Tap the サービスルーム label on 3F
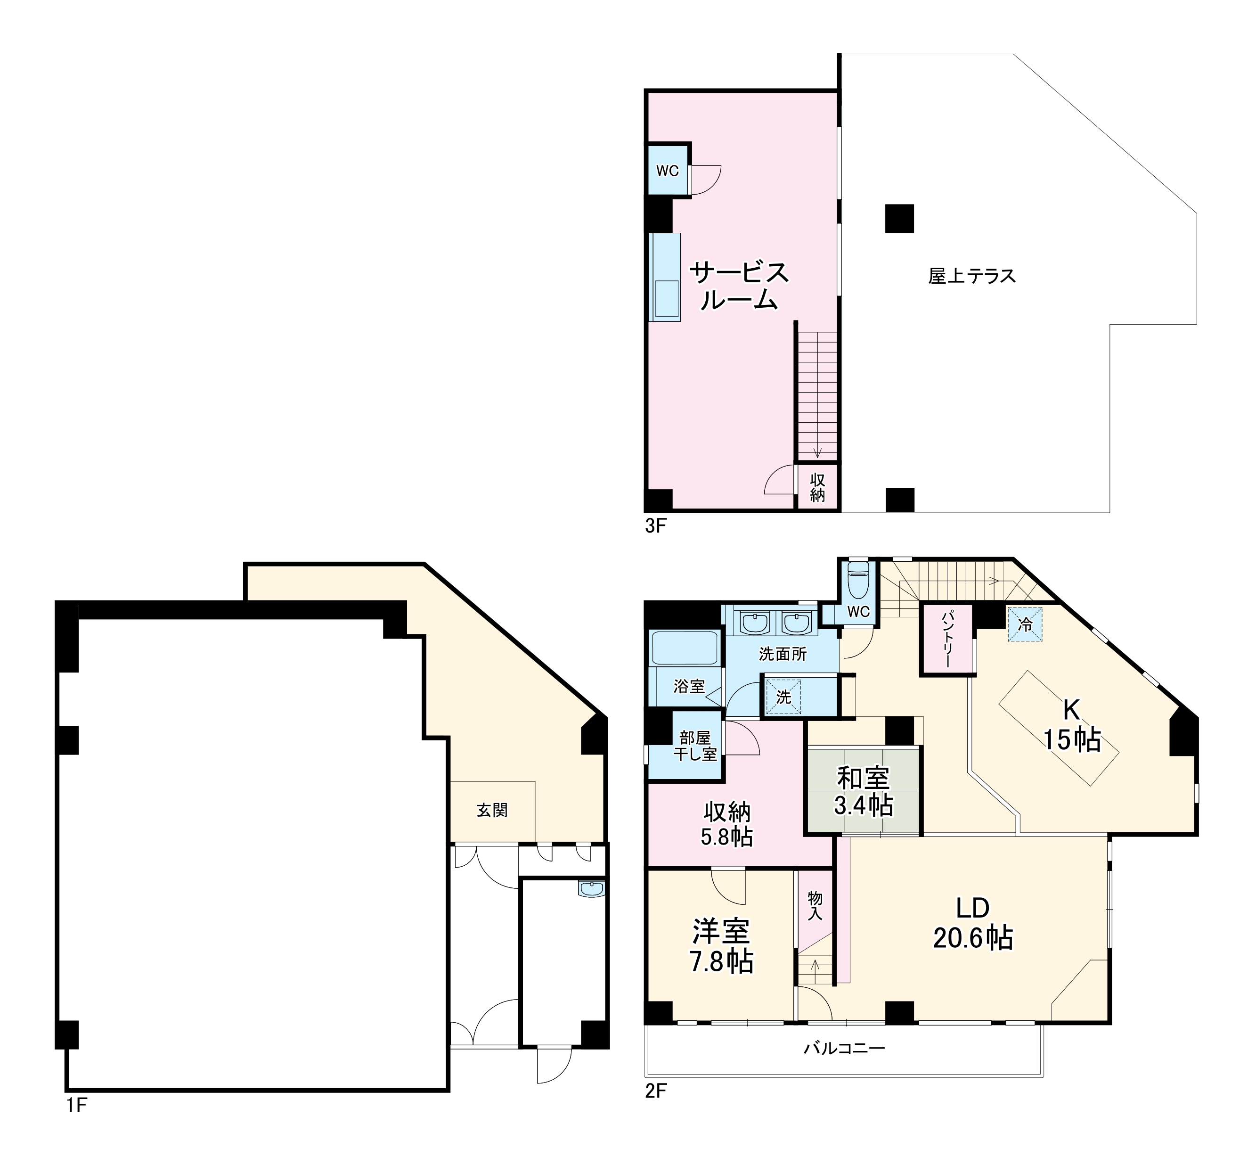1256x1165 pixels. point(739,286)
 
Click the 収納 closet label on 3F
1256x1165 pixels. point(817,487)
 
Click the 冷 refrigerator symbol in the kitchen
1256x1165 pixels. point(1025,624)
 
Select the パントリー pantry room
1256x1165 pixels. point(947,639)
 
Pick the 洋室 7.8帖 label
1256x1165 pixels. point(722,945)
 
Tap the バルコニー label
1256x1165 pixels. point(844,1049)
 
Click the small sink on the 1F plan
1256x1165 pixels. point(591,889)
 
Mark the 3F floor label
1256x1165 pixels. point(655,526)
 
